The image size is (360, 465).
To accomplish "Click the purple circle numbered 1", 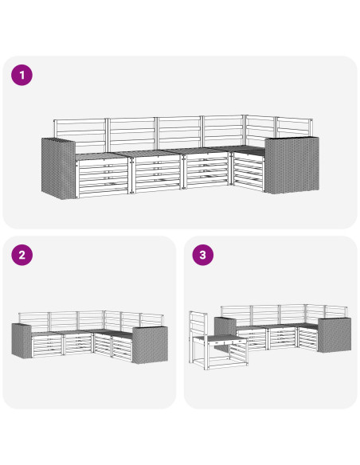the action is pyautogui.click(x=22, y=75).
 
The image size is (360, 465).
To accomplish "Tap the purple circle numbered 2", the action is pyautogui.click(x=22, y=255).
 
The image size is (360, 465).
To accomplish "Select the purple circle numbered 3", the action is pyautogui.click(x=203, y=255).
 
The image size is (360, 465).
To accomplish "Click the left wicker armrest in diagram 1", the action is pyautogui.click(x=58, y=169).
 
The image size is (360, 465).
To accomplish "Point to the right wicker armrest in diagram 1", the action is pyautogui.click(x=292, y=165).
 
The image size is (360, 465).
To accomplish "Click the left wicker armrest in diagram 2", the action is pyautogui.click(x=22, y=341).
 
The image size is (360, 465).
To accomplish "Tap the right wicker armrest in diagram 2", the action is pyautogui.click(x=150, y=345).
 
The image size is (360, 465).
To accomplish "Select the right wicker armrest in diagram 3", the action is pyautogui.click(x=335, y=334).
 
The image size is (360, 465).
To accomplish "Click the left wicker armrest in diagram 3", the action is pyautogui.click(x=225, y=326).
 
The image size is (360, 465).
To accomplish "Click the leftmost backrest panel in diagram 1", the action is pyautogui.click(x=80, y=135).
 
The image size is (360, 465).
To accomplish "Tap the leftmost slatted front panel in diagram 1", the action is pyautogui.click(x=103, y=178).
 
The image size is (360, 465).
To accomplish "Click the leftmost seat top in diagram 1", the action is pyautogui.click(x=102, y=156).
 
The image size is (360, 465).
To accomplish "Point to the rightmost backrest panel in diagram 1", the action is pyautogui.click(x=295, y=127).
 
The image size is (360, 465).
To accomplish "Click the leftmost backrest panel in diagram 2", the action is pyautogui.click(x=33, y=322).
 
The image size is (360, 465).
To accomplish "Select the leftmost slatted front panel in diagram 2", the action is pyautogui.click(x=47, y=346).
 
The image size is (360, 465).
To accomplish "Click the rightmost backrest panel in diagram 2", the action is pyautogui.click(x=151, y=320).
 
